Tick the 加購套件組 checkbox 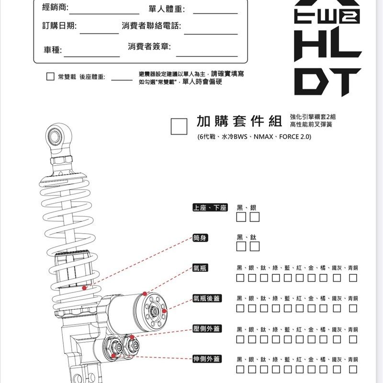[179, 126]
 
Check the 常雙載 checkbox [50, 77]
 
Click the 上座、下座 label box [209, 208]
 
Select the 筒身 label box [200, 238]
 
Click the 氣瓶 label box [200, 268]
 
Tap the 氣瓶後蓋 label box [207, 298]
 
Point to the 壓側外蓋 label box [207, 329]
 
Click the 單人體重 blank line [214, 13]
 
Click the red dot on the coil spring [84, 288]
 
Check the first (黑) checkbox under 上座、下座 [241, 218]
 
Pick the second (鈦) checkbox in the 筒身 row [255, 247]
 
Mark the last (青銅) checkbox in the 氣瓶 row [353, 278]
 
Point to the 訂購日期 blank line [99, 33]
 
